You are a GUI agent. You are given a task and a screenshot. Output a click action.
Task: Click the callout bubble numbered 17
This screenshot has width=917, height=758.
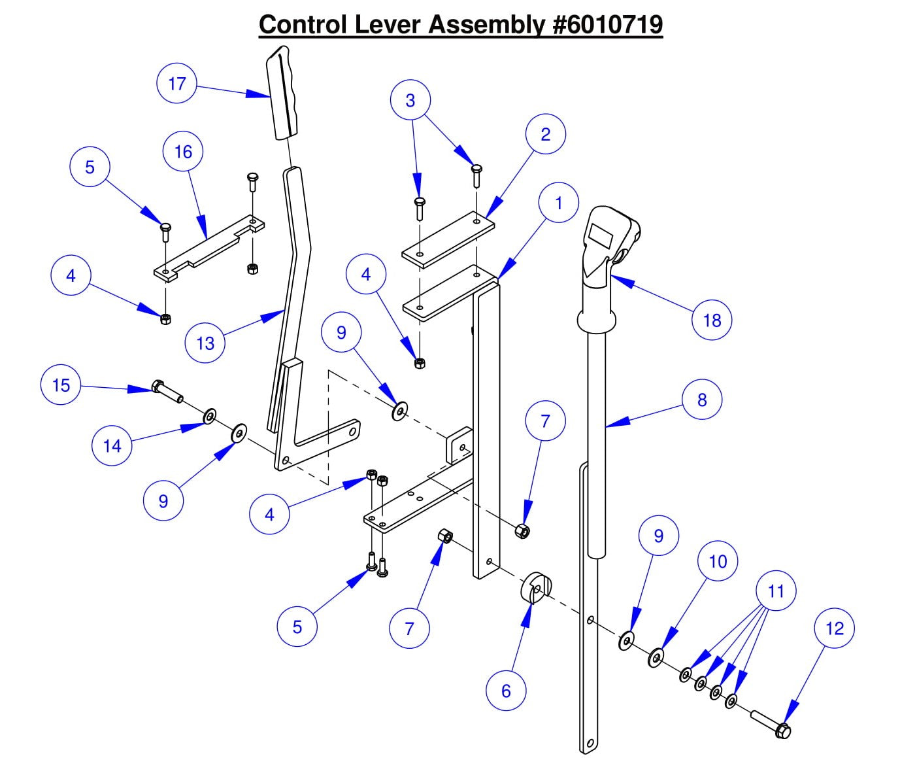pyautogui.click(x=176, y=83)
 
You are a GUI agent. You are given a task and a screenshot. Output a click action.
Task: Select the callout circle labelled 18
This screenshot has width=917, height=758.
pyautogui.click(x=712, y=320)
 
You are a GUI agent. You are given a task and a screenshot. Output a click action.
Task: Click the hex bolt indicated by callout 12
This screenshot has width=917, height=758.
pyautogui.click(x=775, y=724)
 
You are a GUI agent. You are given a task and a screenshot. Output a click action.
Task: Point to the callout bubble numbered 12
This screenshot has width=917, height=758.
pyautogui.click(x=835, y=629)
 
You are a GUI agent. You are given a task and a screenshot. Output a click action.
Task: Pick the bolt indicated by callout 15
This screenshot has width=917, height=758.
pyautogui.click(x=167, y=391)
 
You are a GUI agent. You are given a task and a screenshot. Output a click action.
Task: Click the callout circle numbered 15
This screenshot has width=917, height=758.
pyautogui.click(x=61, y=385)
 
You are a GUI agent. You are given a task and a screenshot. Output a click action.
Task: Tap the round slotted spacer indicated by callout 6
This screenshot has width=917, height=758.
pyautogui.click(x=536, y=588)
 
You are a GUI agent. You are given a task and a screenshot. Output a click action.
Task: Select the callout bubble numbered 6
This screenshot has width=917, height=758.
pyautogui.click(x=506, y=691)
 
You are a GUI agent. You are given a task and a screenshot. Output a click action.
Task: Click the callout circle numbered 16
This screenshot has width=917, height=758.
pyautogui.click(x=183, y=152)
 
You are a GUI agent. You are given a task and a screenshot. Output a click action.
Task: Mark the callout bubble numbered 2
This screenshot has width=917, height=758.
pyautogui.click(x=545, y=134)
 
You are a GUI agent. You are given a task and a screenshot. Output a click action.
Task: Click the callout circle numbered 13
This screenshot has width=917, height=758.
pyautogui.click(x=205, y=343)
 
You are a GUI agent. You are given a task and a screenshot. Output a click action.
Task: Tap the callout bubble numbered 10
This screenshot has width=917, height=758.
pyautogui.click(x=718, y=561)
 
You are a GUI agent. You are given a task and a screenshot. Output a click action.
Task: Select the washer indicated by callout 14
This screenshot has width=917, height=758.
pyautogui.click(x=210, y=416)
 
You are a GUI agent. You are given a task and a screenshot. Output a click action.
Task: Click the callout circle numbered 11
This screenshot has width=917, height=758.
pyautogui.click(x=776, y=591)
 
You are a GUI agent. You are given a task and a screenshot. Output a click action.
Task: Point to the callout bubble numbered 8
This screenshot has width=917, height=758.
pyautogui.click(x=702, y=400)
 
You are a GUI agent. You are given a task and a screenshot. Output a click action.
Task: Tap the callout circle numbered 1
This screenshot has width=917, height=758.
pyautogui.click(x=558, y=203)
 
